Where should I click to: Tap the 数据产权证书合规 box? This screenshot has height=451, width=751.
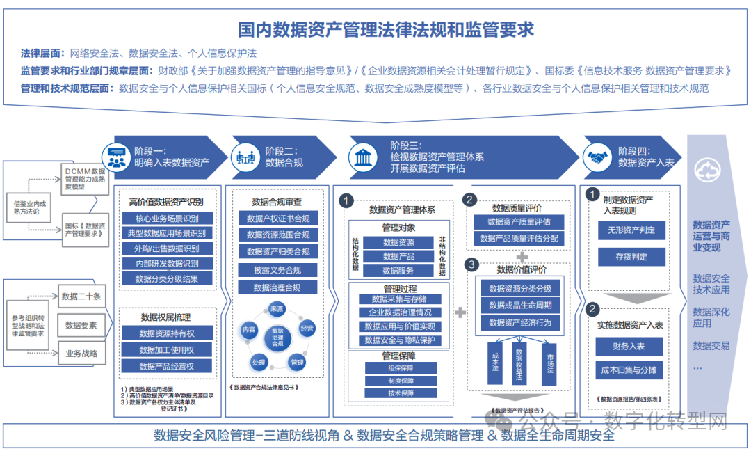pos(278,219)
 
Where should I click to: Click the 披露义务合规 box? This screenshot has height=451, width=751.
pos(278,269)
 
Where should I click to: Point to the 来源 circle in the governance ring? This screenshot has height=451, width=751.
pos(277,309)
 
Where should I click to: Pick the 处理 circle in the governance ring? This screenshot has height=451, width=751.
pos(259,362)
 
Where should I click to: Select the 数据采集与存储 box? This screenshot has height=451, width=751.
pos(398,299)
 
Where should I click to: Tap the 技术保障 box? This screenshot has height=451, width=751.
pos(400,393)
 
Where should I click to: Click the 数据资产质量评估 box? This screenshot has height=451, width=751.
pos(519,222)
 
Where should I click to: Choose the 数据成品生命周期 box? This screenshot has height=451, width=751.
pos(519,305)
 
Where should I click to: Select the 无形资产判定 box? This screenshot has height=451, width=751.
pos(631,230)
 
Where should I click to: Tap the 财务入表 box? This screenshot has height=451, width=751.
pos(629,346)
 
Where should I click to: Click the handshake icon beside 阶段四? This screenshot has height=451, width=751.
pos(599,157)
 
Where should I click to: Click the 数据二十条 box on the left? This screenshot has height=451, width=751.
pos(81,296)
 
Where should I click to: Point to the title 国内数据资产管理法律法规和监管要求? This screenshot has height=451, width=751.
pos(376,30)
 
